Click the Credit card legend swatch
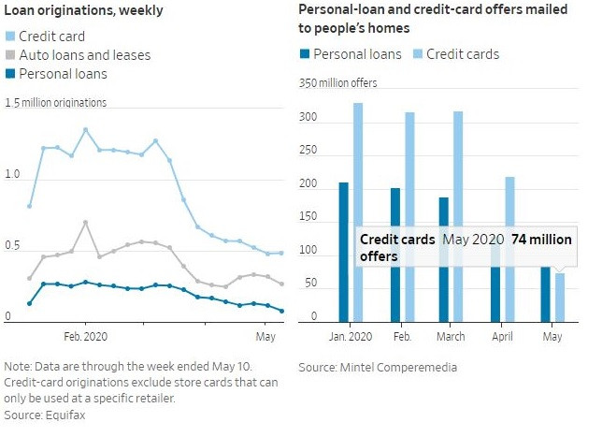point(10,36)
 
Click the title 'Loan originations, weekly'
point(83,11)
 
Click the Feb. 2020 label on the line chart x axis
point(85,335)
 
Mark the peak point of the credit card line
point(85,130)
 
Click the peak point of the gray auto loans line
point(85,223)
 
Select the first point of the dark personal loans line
point(30,303)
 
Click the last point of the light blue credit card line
point(281,253)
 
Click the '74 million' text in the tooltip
point(541,240)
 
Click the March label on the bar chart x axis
point(450,336)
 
